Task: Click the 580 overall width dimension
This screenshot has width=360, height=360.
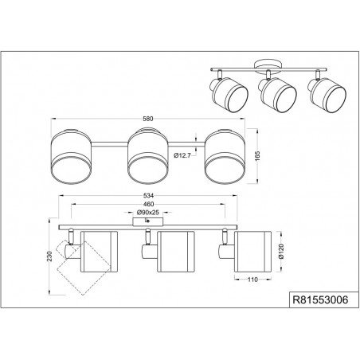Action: click(x=148, y=119)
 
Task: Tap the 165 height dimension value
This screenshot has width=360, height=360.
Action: click(x=257, y=156)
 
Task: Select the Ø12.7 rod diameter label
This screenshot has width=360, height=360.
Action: click(x=182, y=156)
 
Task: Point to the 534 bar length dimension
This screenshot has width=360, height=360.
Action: click(x=148, y=196)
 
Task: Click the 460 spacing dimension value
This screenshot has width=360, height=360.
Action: click(x=148, y=204)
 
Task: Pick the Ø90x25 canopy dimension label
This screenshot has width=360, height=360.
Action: click(x=147, y=213)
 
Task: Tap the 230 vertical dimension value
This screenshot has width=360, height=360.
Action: click(x=50, y=256)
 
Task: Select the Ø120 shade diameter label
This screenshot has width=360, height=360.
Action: click(x=282, y=252)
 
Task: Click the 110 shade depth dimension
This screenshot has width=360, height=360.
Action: click(x=252, y=280)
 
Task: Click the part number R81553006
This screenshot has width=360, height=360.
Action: click(x=320, y=299)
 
